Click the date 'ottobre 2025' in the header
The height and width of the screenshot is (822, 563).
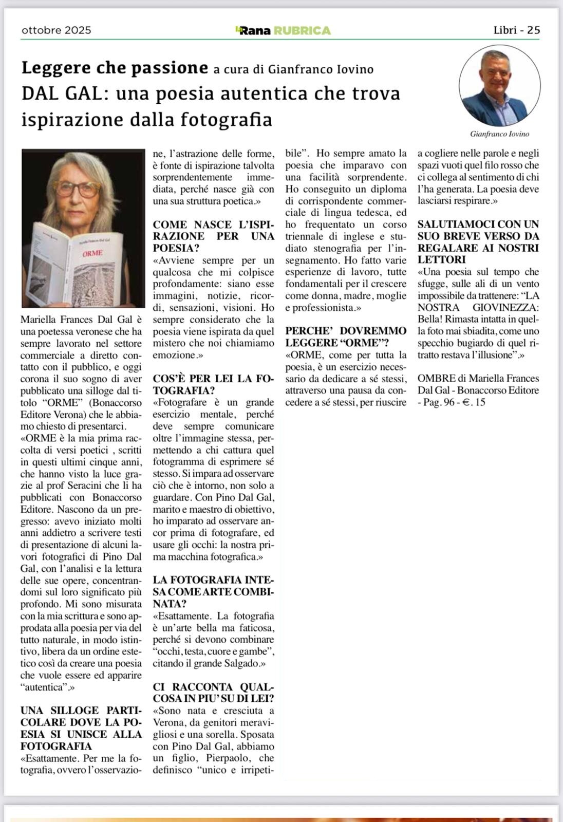tap(57, 30)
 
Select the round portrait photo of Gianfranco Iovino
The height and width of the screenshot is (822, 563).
tap(499, 85)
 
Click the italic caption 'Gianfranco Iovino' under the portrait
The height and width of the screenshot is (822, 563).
tap(499, 134)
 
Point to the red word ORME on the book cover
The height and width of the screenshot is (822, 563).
tap(93, 253)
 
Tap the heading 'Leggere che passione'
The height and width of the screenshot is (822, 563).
tap(115, 68)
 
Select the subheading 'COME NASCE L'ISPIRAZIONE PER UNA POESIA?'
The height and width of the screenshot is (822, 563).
tap(213, 236)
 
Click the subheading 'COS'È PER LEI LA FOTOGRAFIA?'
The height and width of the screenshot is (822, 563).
tap(213, 384)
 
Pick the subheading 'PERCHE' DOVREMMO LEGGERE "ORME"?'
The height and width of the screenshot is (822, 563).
tap(346, 337)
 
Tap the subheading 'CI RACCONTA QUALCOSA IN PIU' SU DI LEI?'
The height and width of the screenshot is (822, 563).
tap(213, 693)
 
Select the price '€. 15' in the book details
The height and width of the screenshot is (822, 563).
tap(471, 402)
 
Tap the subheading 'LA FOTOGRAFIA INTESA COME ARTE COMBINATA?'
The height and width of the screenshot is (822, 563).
tap(213, 592)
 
